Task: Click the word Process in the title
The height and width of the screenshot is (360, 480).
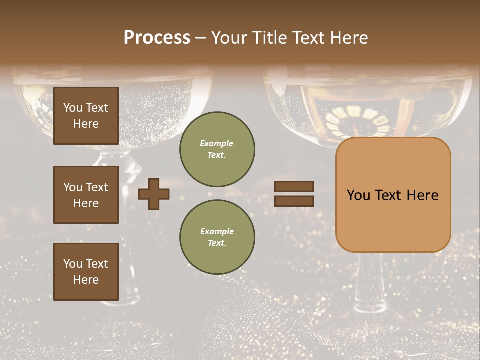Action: point(157,37)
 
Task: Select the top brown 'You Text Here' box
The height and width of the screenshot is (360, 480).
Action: point(86,116)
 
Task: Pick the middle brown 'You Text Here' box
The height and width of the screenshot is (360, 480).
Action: point(86,195)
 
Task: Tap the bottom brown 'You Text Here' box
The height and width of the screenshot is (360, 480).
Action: point(86,271)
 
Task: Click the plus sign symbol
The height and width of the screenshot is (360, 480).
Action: point(154,194)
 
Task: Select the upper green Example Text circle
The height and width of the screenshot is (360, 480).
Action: point(217,149)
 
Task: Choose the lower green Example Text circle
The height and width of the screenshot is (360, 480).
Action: point(217,237)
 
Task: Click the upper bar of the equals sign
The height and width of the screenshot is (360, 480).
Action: point(294,186)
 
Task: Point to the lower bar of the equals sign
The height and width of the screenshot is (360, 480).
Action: point(294,201)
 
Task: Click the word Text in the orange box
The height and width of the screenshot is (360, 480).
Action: point(393,195)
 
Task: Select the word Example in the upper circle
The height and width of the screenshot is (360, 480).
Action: point(217,143)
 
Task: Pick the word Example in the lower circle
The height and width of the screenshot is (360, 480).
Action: point(217,231)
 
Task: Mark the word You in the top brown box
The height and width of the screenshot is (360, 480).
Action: point(72,108)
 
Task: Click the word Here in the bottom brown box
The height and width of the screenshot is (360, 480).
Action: point(86,280)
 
